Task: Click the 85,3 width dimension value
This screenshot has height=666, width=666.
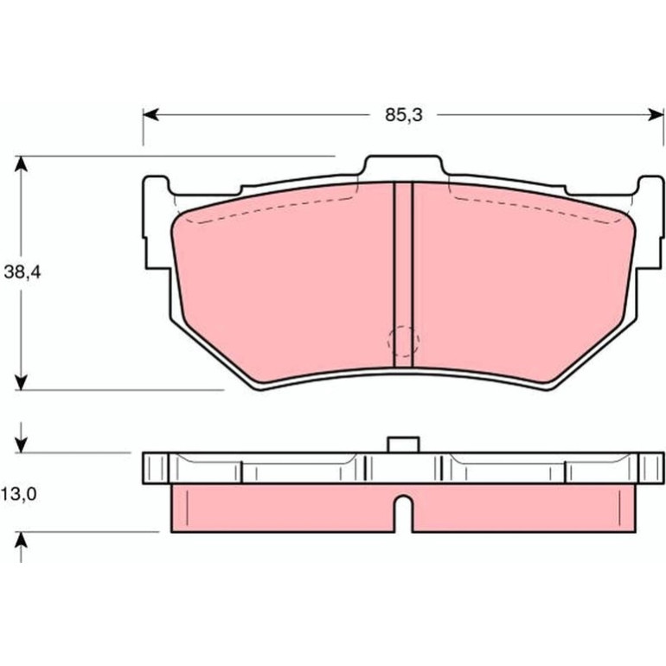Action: [404, 115]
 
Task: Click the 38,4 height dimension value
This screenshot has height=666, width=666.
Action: [22, 272]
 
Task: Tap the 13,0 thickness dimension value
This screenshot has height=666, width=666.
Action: [19, 495]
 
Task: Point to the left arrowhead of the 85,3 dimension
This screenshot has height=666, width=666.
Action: [150, 115]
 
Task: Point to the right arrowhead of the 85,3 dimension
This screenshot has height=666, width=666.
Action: [656, 115]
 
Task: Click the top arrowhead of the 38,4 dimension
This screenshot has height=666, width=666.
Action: [22, 164]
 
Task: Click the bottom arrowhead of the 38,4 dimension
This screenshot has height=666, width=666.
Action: [22, 381]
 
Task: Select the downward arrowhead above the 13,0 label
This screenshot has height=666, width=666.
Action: [22, 445]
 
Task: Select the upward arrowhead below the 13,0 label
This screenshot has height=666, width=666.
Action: [22, 540]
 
